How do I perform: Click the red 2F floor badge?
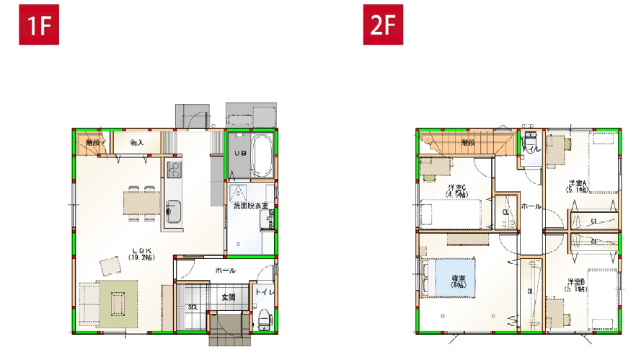382,26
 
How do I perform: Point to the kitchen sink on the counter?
173,212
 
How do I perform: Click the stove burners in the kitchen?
174,170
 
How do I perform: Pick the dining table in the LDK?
141,203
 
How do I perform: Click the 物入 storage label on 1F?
136,143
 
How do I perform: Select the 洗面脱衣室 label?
249,206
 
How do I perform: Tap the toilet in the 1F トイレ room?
264,318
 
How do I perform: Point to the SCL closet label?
193,307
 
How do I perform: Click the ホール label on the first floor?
224,270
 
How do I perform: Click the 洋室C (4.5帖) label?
456,190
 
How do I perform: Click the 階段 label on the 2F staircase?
467,143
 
